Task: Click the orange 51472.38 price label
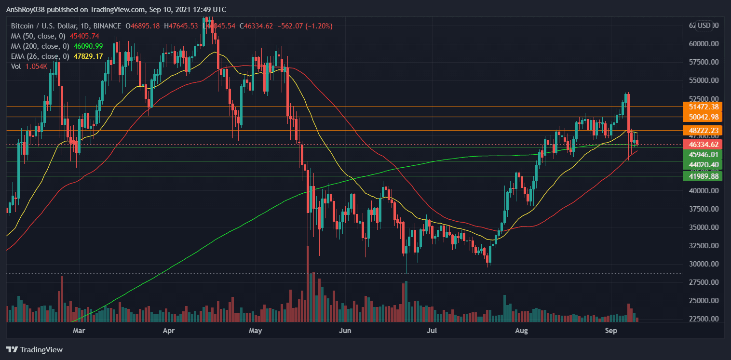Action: tap(704, 107)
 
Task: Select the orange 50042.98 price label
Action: tap(704, 117)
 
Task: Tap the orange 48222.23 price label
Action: tap(704, 131)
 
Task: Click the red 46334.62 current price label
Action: tap(704, 144)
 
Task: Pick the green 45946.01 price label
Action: tap(704, 155)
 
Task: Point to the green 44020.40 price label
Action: tap(704, 165)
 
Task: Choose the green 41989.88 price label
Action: tap(704, 176)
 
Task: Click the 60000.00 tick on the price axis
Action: tap(704, 43)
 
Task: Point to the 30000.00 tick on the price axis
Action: tap(704, 264)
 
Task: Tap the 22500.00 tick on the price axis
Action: tap(704, 319)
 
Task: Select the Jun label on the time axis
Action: tap(345, 331)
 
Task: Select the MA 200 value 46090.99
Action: tap(82, 46)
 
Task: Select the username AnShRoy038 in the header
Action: tap(27, 10)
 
